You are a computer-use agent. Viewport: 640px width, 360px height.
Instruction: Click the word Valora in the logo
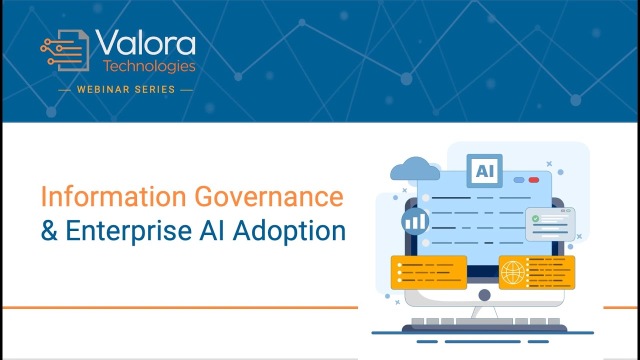pyautogui.click(x=145, y=43)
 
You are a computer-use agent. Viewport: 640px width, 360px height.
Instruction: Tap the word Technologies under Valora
pyautogui.click(x=149, y=65)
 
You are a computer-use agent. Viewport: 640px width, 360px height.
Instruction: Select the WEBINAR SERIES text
pyautogui.click(x=125, y=90)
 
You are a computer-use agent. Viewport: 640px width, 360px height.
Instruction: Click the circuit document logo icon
pyautogui.click(x=65, y=50)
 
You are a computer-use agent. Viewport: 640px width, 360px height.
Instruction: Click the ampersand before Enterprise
pyautogui.click(x=49, y=230)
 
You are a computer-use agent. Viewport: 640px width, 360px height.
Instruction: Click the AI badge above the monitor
pyautogui.click(x=484, y=171)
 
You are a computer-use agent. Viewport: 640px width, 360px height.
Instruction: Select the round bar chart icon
pyautogui.click(x=414, y=221)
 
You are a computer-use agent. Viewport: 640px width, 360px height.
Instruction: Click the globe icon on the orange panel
pyautogui.click(x=513, y=272)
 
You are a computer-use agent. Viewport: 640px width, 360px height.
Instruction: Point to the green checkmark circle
pyautogui.click(x=535, y=218)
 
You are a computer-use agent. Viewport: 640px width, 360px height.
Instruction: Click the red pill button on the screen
pyautogui.click(x=533, y=180)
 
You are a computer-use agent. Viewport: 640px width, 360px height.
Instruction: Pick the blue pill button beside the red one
pyautogui.click(x=519, y=180)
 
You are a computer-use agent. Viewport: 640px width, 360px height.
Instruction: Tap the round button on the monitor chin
pyautogui.click(x=484, y=295)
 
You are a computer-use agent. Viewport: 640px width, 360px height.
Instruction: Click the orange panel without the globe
pyautogui.click(x=428, y=272)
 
